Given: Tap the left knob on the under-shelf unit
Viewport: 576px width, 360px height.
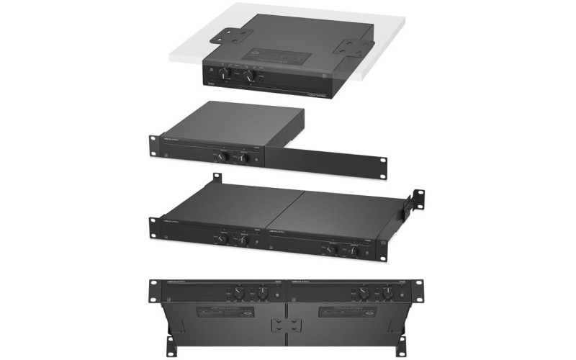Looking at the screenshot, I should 227,74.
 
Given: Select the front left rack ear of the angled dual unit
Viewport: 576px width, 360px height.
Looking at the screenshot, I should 156,228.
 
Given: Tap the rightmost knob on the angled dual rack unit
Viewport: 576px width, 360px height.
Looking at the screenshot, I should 354,250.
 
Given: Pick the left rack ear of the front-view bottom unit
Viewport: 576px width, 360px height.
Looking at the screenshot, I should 154,289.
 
